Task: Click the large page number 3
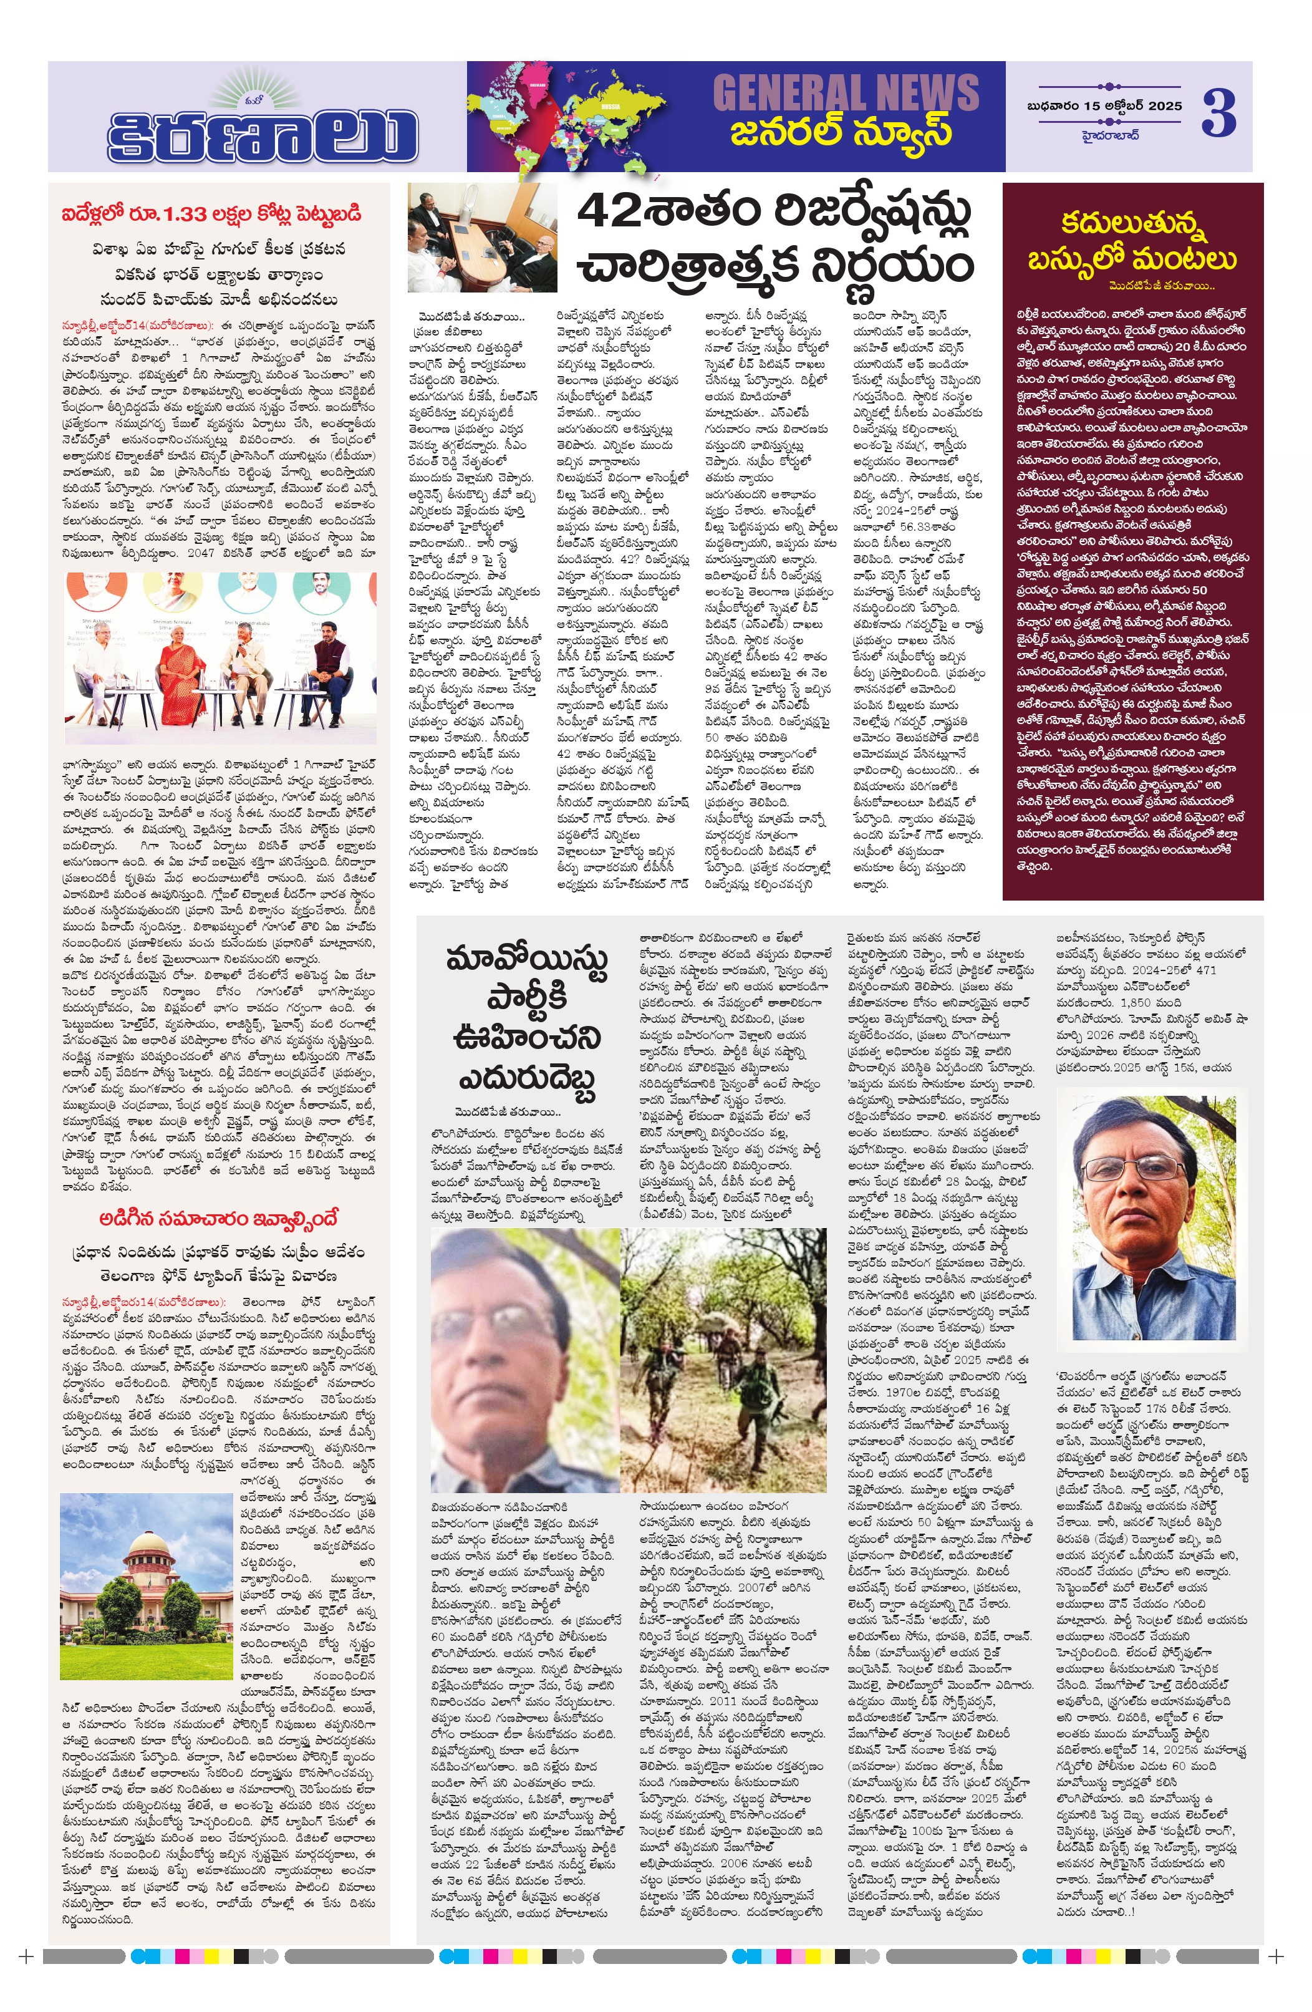tap(1218, 114)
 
